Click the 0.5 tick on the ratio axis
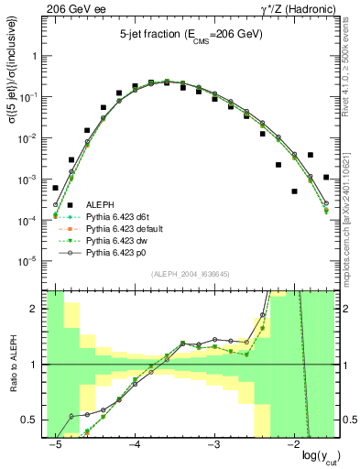32,420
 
